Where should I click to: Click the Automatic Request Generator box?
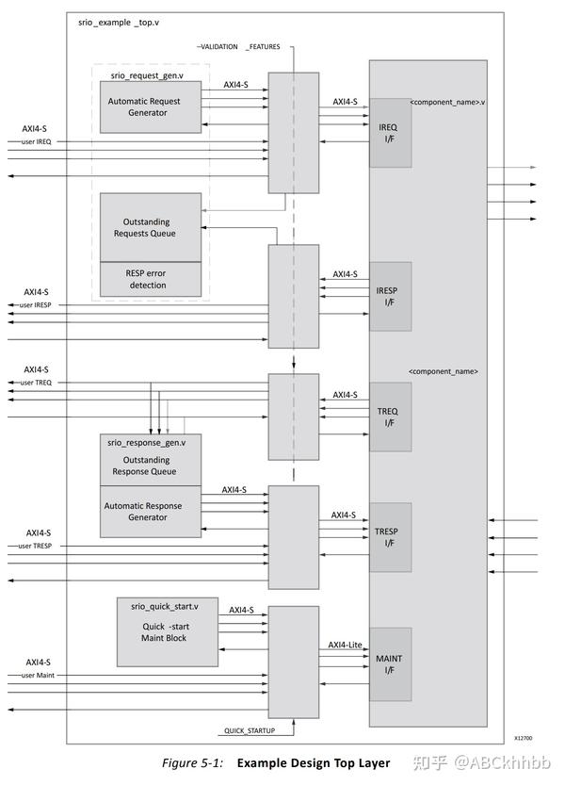151,106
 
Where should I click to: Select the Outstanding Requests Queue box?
151,226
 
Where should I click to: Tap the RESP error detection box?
151,279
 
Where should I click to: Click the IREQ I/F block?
390,133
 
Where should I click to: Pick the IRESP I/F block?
390,296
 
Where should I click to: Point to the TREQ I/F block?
390,417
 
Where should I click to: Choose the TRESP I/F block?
390,537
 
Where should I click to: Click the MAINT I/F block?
390,664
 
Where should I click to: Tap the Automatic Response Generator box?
151,512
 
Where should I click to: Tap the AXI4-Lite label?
347,645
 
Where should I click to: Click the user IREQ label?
36,141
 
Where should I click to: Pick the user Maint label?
37,676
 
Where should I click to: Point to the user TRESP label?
38,546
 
